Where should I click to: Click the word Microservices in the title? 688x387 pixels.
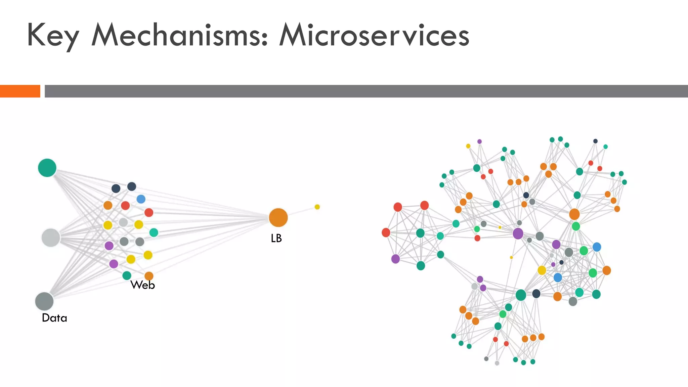click(374, 35)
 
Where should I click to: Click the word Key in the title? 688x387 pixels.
click(53, 35)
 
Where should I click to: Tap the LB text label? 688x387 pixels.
click(276, 238)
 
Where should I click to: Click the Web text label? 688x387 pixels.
click(143, 285)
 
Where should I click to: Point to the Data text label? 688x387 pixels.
click(54, 318)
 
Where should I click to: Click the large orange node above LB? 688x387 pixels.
click(278, 217)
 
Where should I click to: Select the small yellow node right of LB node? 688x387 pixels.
click(317, 207)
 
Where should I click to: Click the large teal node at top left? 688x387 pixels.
click(47, 168)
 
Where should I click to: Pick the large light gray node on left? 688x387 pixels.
click(51, 238)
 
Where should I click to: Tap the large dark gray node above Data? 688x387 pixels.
click(44, 301)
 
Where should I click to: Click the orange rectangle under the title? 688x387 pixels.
click(20, 91)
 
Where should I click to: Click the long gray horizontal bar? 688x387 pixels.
click(366, 91)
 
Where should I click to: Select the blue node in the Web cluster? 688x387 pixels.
click(141, 199)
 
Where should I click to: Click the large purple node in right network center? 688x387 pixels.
click(518, 233)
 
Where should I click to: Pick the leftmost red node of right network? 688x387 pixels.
click(386, 232)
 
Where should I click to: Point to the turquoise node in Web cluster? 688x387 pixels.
click(154, 232)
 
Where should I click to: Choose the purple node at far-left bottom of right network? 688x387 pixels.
click(396, 259)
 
